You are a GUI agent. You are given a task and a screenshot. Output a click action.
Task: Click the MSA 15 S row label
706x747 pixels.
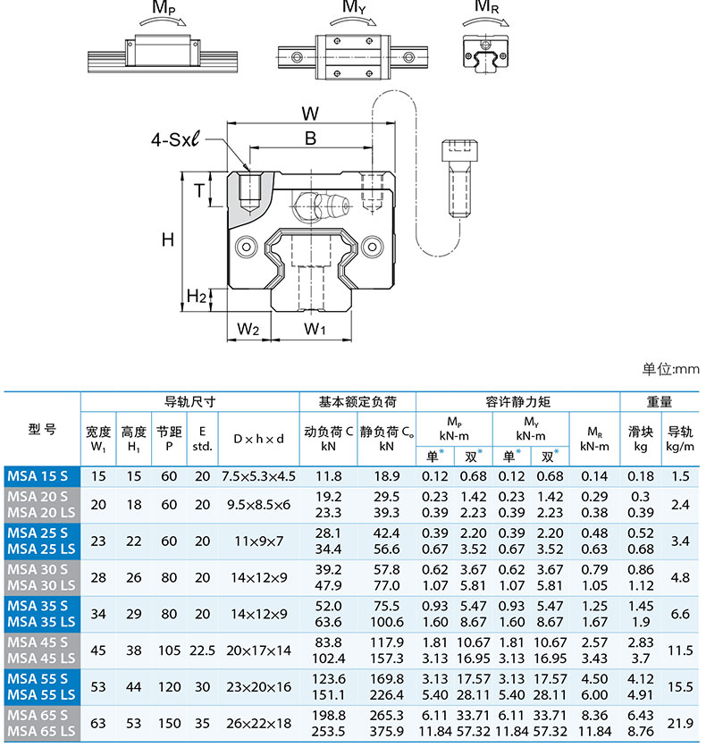click(42, 476)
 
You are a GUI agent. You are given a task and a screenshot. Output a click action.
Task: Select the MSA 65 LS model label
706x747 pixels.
click(42, 732)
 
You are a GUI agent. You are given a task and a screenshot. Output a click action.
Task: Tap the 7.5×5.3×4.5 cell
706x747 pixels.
click(258, 476)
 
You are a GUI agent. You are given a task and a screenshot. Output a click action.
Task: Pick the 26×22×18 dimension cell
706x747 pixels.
click(258, 724)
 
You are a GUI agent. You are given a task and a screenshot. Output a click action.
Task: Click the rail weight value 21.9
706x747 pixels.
click(683, 724)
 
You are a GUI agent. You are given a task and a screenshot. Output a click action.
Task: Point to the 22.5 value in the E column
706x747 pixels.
click(203, 651)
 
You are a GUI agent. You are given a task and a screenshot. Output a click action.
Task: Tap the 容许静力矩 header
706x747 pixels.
click(517, 402)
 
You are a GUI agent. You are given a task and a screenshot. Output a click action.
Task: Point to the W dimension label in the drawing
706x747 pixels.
click(310, 114)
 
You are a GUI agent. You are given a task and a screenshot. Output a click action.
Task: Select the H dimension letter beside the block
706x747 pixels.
click(167, 239)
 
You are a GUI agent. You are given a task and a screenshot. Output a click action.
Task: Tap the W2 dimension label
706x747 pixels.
click(248, 329)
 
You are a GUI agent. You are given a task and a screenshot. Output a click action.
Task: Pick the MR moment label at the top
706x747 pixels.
click(487, 8)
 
